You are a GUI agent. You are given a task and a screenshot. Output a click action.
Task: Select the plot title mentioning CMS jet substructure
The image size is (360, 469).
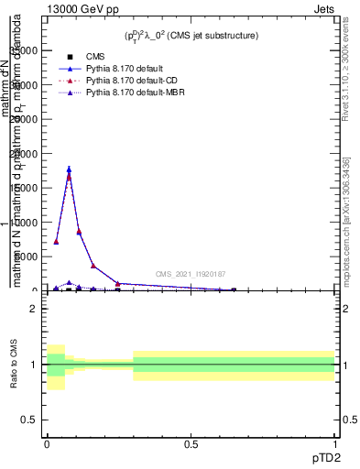tap(191, 35)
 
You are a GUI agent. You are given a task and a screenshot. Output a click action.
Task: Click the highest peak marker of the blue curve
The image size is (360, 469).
tap(69, 169)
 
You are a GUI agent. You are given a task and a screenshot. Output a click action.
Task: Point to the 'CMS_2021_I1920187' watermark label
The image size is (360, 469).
tap(191, 274)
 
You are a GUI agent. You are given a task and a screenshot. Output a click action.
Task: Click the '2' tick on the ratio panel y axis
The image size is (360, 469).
tap(34, 309)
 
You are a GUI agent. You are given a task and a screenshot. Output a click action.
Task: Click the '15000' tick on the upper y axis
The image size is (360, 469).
tap(25, 188)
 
